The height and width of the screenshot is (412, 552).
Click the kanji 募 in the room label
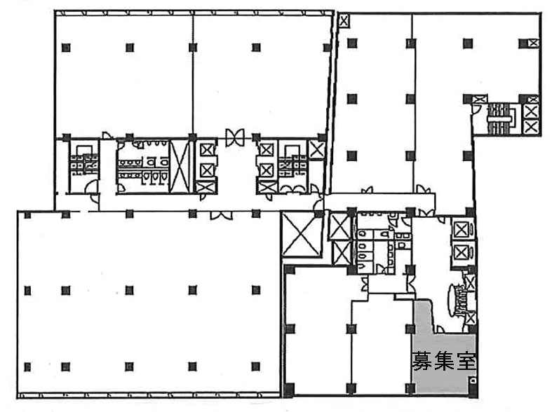[422, 361]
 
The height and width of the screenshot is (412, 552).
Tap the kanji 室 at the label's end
[466, 361]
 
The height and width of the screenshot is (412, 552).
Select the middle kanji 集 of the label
[444, 361]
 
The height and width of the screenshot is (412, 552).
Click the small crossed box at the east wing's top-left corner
[344, 21]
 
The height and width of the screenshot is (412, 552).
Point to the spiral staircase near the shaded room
[457, 301]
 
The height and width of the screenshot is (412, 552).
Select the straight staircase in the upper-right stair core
[499, 118]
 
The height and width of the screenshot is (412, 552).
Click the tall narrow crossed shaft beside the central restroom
[180, 166]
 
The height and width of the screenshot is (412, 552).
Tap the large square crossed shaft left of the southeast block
[302, 234]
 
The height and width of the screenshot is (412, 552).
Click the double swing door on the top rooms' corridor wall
[235, 137]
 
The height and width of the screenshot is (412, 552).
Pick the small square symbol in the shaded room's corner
[473, 380]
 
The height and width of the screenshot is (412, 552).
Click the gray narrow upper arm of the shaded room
[424, 317]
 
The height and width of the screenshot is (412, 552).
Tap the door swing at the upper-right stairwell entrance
[476, 109]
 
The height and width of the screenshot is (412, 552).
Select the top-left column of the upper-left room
[66, 48]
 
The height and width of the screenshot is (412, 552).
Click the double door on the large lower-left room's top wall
[221, 215]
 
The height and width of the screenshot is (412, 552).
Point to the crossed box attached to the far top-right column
[534, 43]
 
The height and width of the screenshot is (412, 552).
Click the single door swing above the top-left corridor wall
[106, 135]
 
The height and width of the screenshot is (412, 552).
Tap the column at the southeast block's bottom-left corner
[289, 390]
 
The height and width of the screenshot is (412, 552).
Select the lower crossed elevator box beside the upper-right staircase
[531, 126]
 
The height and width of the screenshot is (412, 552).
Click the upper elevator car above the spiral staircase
[462, 231]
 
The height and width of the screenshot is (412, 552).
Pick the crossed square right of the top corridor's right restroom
[316, 149]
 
